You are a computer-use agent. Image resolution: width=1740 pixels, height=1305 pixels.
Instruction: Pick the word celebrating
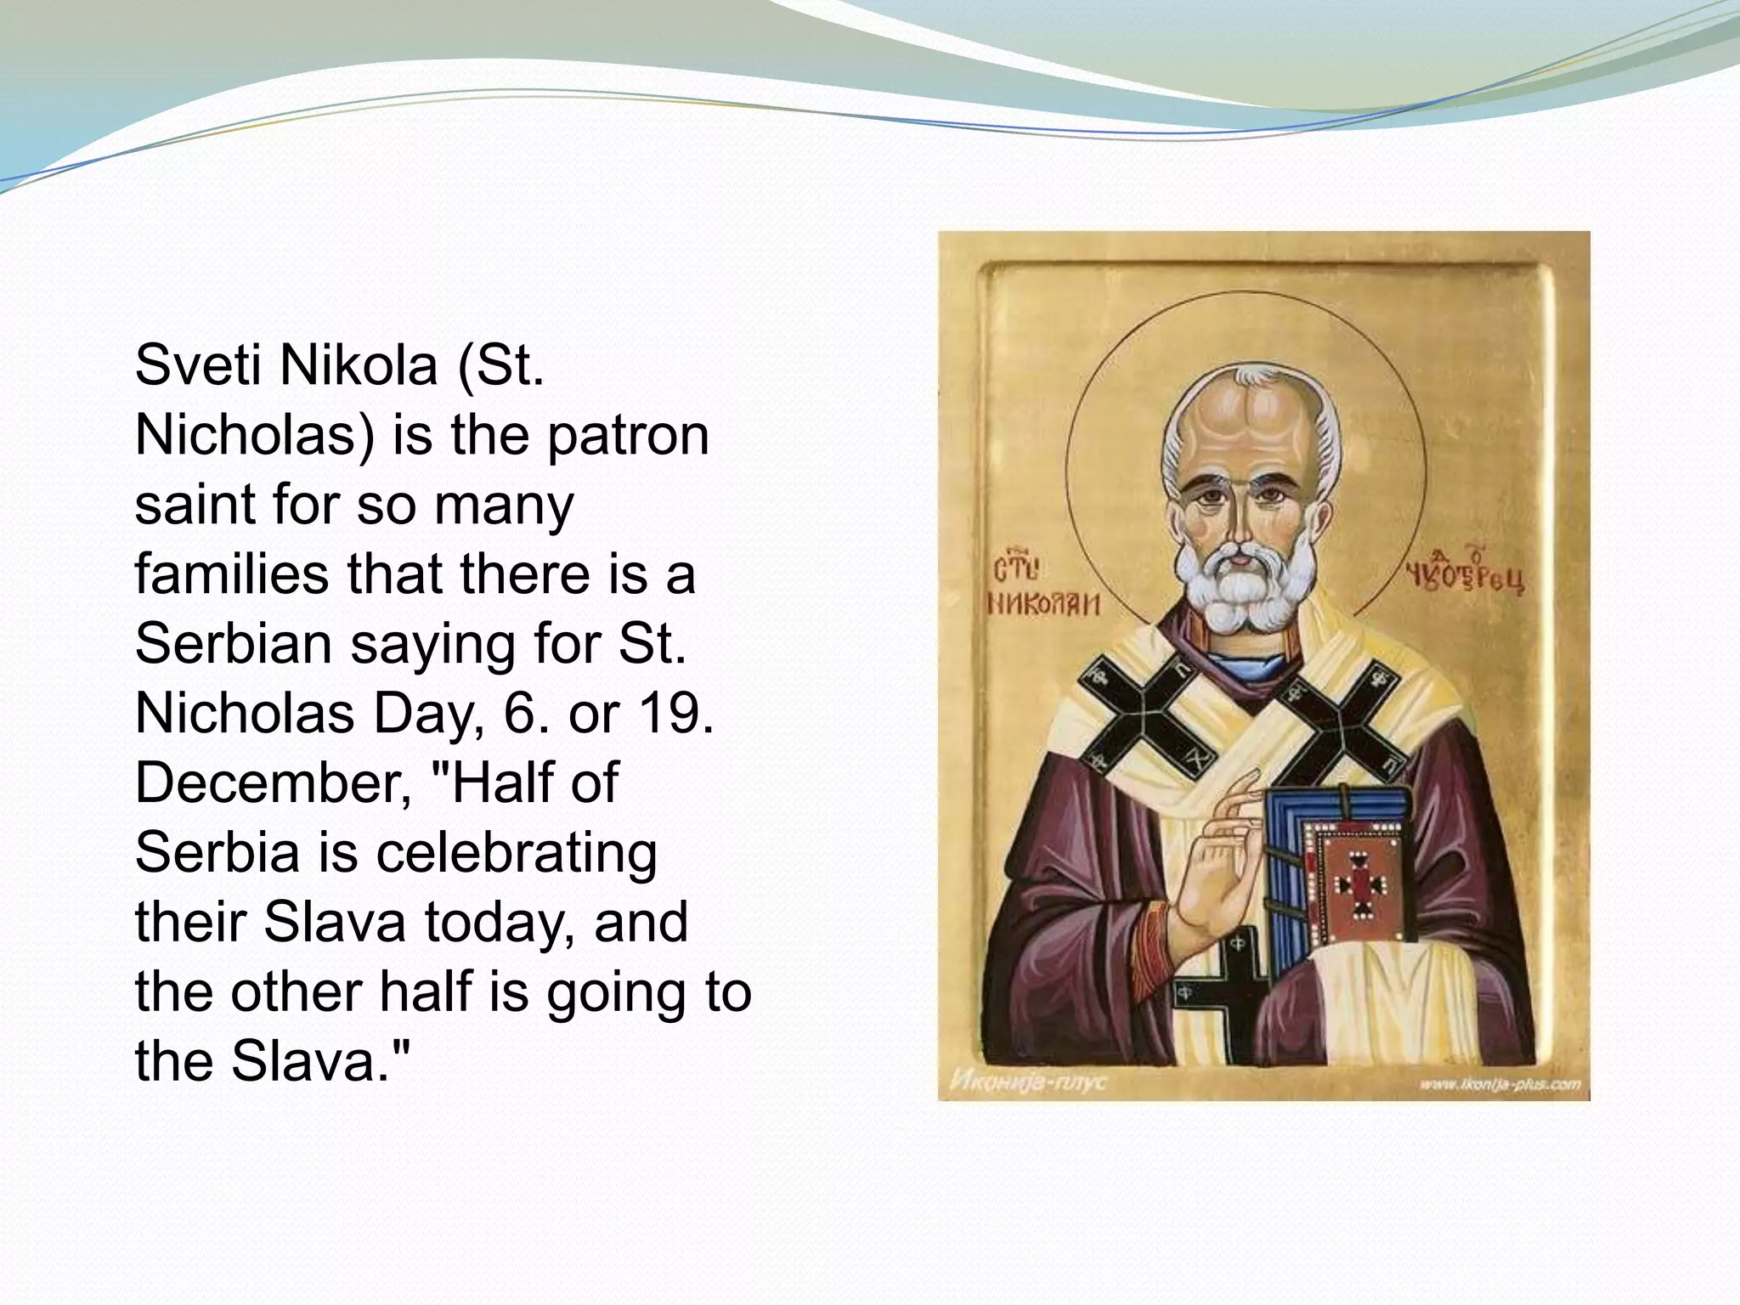click(x=517, y=852)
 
